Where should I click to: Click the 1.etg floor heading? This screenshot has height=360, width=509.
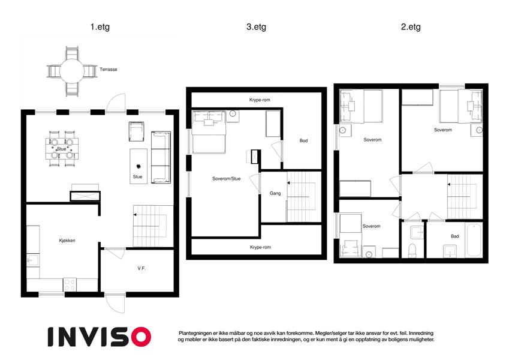100,26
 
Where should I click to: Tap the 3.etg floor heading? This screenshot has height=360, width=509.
256,26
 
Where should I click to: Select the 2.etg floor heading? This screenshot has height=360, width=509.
411,26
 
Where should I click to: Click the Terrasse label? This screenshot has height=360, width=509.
108,69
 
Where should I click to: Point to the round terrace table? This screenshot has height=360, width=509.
72,71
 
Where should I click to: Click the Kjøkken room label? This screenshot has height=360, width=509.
67,241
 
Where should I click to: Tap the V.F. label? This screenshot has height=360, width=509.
141,268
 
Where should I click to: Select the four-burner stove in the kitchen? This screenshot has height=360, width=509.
70,284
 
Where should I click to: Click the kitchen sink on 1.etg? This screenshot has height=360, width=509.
33,260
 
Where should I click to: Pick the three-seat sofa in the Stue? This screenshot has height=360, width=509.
161,157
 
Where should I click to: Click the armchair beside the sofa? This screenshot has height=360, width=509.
136,131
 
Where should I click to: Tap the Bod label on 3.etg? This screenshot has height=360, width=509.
303,140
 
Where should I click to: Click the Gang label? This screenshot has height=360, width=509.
275,193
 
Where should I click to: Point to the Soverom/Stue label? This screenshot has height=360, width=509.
226,178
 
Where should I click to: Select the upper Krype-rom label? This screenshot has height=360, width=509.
260,100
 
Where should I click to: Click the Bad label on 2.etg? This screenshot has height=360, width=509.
455,236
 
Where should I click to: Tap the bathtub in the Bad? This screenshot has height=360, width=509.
474,240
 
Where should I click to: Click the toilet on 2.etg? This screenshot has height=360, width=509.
412,251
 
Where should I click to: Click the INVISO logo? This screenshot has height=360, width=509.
100,337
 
